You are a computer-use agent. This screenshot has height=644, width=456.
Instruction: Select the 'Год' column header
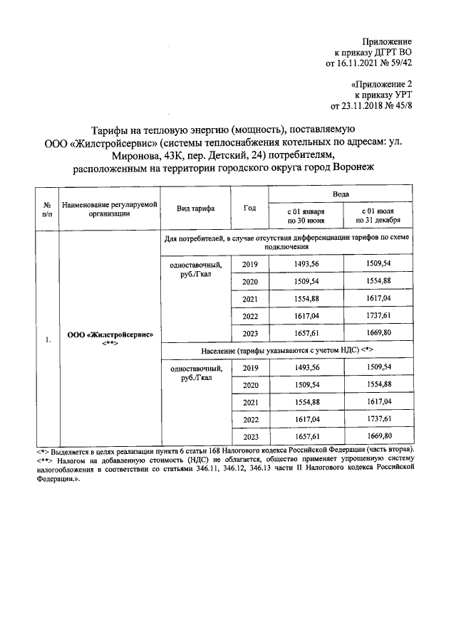249,208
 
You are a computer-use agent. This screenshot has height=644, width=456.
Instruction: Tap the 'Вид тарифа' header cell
195,208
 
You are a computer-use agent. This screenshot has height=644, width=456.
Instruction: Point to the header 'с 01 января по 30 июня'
306,216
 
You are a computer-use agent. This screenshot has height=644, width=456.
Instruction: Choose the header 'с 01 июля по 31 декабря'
377,216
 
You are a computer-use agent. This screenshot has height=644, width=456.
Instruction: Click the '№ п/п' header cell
47,208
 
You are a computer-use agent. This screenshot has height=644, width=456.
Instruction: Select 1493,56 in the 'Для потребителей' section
306,264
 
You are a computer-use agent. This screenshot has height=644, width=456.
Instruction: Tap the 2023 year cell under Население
250,436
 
